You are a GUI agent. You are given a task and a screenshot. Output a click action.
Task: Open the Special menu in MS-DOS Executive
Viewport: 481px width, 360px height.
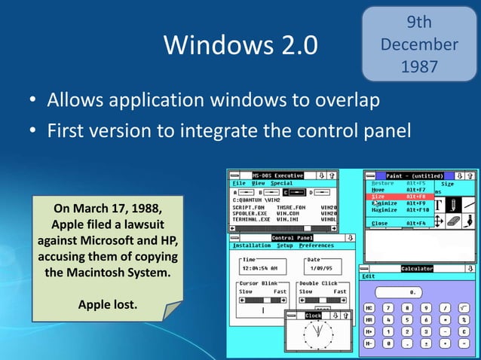point(282,183)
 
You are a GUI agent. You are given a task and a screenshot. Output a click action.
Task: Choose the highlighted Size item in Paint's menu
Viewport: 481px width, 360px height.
point(379,197)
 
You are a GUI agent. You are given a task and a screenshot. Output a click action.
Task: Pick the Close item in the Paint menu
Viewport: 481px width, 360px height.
point(381,223)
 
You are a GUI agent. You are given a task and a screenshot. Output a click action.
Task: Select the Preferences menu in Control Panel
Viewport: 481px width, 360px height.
point(316,246)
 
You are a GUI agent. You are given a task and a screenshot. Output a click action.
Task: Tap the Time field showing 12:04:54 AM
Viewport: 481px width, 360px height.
point(262,267)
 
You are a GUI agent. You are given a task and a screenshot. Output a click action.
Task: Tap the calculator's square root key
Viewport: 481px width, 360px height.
point(465,308)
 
